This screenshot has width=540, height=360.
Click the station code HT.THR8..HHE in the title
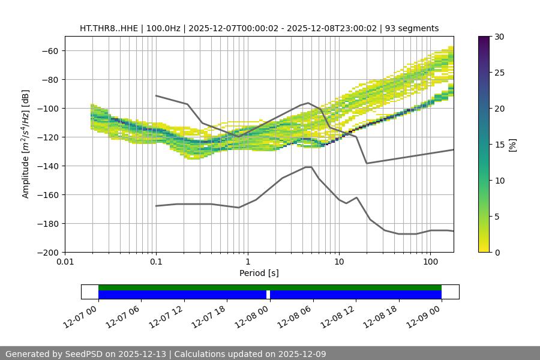click(109, 28)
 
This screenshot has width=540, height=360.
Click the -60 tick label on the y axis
click(49, 50)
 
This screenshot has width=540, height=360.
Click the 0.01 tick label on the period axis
click(65, 262)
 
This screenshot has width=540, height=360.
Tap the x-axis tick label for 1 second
click(247, 262)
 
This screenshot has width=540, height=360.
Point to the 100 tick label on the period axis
click(430, 262)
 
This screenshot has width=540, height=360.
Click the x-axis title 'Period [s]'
click(259, 273)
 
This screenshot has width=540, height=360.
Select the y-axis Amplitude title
click(26, 144)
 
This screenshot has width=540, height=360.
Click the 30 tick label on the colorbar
click(499, 37)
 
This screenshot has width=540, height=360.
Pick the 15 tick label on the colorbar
click(499, 145)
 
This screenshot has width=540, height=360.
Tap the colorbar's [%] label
click(512, 145)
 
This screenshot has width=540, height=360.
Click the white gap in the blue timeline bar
click(268, 295)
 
